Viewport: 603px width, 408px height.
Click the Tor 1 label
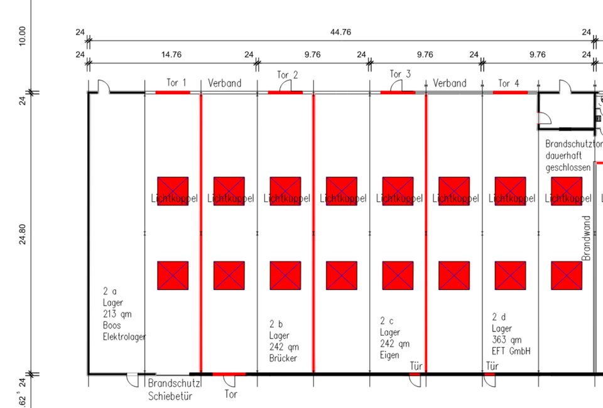tap(176, 83)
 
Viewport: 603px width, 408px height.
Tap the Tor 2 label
tap(288, 75)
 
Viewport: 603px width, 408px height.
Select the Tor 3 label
tap(400, 75)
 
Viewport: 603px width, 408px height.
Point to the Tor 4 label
tap(509, 83)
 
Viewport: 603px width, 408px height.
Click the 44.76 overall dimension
tap(340, 33)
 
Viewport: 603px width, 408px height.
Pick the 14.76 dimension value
tap(171, 55)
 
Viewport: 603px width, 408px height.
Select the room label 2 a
tap(110, 292)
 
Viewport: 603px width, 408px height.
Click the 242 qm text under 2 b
tap(280, 347)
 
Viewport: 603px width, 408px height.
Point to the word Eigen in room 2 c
tap(390, 355)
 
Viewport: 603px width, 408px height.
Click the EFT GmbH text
tap(511, 352)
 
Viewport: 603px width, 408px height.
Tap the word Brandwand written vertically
tap(587, 239)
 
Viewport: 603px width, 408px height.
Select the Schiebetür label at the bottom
tap(170, 396)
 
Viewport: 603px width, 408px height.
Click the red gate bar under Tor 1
tap(173, 92)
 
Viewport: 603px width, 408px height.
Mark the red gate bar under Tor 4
tap(510, 92)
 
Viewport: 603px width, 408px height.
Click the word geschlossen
tap(568, 168)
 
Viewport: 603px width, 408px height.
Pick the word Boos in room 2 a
tap(112, 326)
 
